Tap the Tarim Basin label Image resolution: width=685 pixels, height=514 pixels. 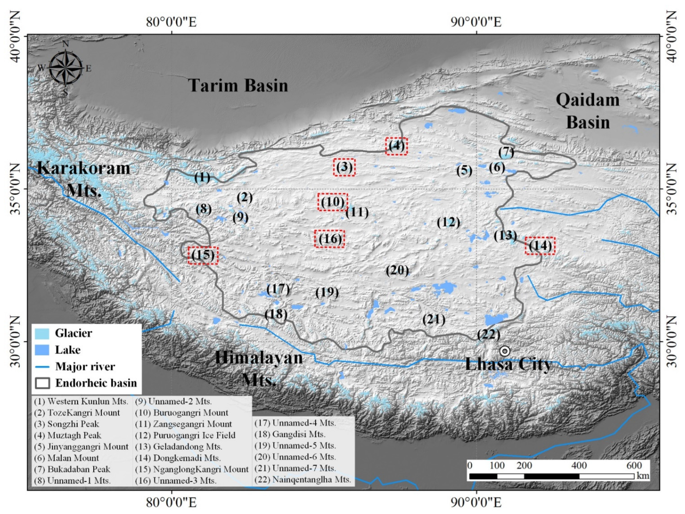click(x=238, y=85)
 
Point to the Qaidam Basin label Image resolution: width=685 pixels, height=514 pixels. click(x=588, y=111)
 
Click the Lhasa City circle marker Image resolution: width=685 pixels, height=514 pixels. click(x=505, y=351)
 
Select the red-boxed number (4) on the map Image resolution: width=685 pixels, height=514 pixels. click(x=396, y=146)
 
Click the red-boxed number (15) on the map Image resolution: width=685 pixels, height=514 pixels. click(x=203, y=255)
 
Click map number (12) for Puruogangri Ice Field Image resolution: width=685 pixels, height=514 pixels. click(x=448, y=222)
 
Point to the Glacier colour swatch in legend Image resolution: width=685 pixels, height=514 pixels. click(x=42, y=333)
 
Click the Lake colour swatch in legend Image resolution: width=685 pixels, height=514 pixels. click(x=42, y=350)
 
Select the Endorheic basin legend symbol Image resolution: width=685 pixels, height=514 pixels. click(x=42, y=383)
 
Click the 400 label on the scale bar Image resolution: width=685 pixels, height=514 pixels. click(x=579, y=465)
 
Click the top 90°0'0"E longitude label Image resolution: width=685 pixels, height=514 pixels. click(x=476, y=22)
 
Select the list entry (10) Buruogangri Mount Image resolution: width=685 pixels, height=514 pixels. click(x=182, y=413)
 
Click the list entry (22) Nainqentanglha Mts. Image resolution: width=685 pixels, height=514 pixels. click(x=303, y=480)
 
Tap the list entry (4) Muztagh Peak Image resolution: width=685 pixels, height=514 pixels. click(x=67, y=435)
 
